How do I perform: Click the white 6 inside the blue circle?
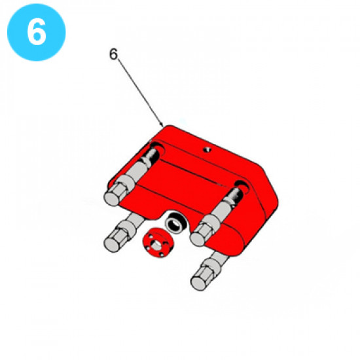pyautogui.click(x=36, y=31)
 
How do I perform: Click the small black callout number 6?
pyautogui.click(x=113, y=54)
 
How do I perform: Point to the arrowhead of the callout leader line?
pyautogui.click(x=162, y=125)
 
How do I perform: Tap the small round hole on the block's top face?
pyautogui.click(x=207, y=150)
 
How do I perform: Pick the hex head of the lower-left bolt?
pyautogui.click(x=114, y=241)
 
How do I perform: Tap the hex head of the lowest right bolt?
pyautogui.click(x=201, y=279)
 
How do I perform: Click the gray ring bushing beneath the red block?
pyautogui.click(x=176, y=223)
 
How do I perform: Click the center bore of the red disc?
pyautogui.click(x=156, y=245)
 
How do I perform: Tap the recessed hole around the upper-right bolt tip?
pyautogui.click(x=242, y=187)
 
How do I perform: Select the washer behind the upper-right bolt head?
pyautogui.click(x=211, y=223)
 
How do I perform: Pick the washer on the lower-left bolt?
pyautogui.click(x=127, y=228)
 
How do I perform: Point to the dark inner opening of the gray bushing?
pyautogui.click(x=175, y=223)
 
